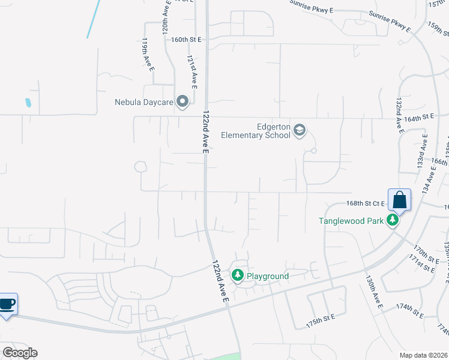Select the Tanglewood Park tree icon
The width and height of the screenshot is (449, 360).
click(393, 221)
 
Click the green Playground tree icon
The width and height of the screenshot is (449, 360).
click(238, 275)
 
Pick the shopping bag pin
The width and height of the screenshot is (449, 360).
click(400, 200)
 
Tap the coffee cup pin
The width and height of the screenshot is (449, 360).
click(7, 304)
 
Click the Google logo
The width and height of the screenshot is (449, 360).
click(20, 353)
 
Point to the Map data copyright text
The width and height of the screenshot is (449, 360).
click(423, 355)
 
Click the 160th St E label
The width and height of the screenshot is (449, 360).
click(186, 39)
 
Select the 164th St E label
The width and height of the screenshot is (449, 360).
click(418, 118)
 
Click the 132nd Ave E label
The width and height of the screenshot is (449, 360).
click(398, 116)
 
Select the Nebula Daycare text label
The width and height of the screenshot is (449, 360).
click(144, 102)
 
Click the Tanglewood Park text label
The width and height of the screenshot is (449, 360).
click(351, 221)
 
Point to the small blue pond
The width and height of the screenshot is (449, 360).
click(28, 103)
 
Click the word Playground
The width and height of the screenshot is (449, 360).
click(268, 276)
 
